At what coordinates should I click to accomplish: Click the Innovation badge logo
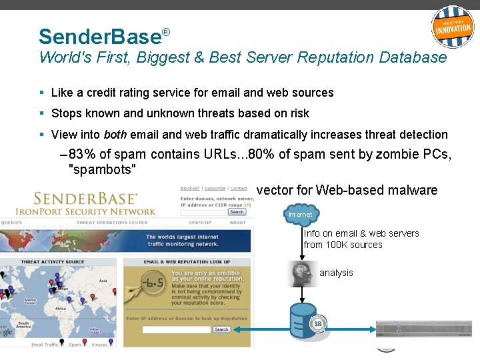[x=453, y=27]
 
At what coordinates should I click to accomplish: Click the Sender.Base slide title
[x=100, y=36]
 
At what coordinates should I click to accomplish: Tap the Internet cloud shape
[x=300, y=215]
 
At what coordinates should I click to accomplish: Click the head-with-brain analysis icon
[x=303, y=273]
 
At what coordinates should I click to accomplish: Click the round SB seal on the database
[x=318, y=325]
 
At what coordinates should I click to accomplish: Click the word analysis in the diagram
[x=336, y=273]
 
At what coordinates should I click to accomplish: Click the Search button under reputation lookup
[x=221, y=329]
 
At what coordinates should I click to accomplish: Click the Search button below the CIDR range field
[x=237, y=212]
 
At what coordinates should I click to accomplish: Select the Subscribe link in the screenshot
[x=215, y=189]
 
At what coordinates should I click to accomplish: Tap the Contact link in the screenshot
[x=239, y=189]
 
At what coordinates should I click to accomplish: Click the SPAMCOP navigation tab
[x=200, y=223]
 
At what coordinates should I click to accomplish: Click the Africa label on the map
[x=61, y=309]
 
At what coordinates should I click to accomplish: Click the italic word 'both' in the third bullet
[x=115, y=134]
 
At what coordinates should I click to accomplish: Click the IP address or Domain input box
[x=176, y=329]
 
